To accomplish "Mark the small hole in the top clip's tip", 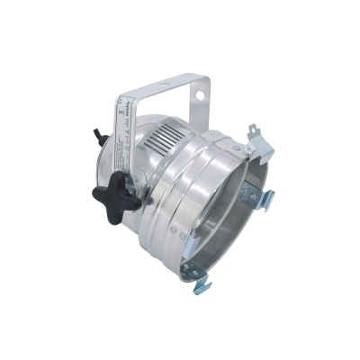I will pyautogui.click(x=260, y=134).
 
